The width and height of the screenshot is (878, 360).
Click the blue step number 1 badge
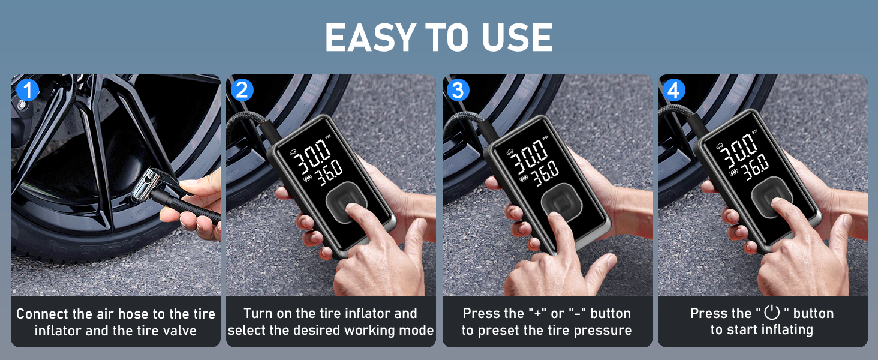tap(28, 91)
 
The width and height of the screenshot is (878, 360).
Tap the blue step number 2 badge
tap(242, 90)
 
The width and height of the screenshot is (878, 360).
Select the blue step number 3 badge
tap(458, 90)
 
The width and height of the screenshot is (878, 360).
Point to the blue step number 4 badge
tap(674, 91)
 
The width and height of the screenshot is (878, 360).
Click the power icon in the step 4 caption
tap(771, 313)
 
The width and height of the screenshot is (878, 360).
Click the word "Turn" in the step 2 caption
tap(258, 313)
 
